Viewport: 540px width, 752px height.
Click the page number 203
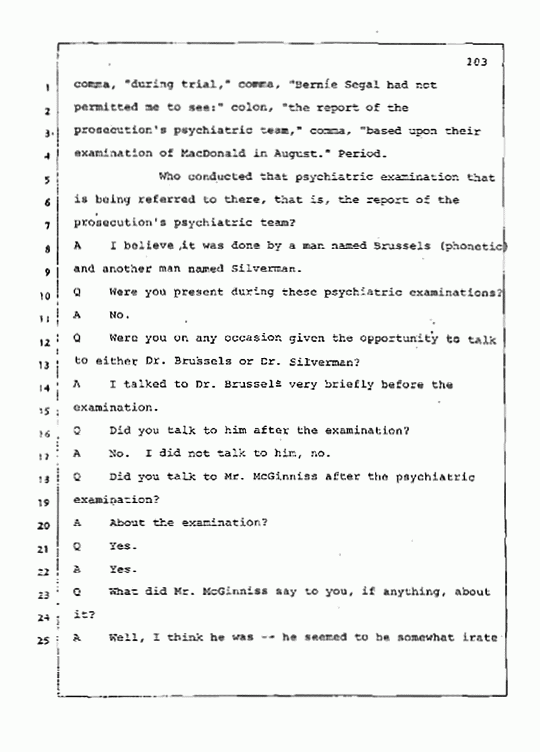(x=477, y=62)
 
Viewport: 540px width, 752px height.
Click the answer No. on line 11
(x=118, y=316)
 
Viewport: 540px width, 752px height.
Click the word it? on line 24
(x=84, y=615)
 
